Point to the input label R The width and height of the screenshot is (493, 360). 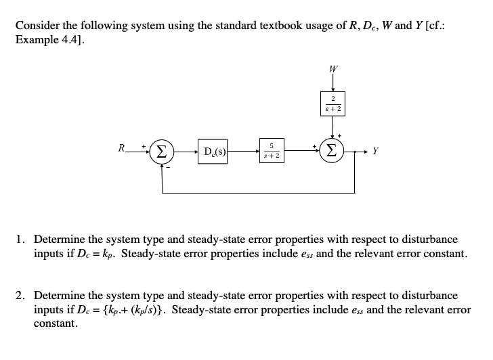click(120, 145)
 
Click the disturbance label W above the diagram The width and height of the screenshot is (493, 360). click(333, 69)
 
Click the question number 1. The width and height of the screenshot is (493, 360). click(21, 240)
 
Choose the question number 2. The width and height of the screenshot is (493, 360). click(21, 296)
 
